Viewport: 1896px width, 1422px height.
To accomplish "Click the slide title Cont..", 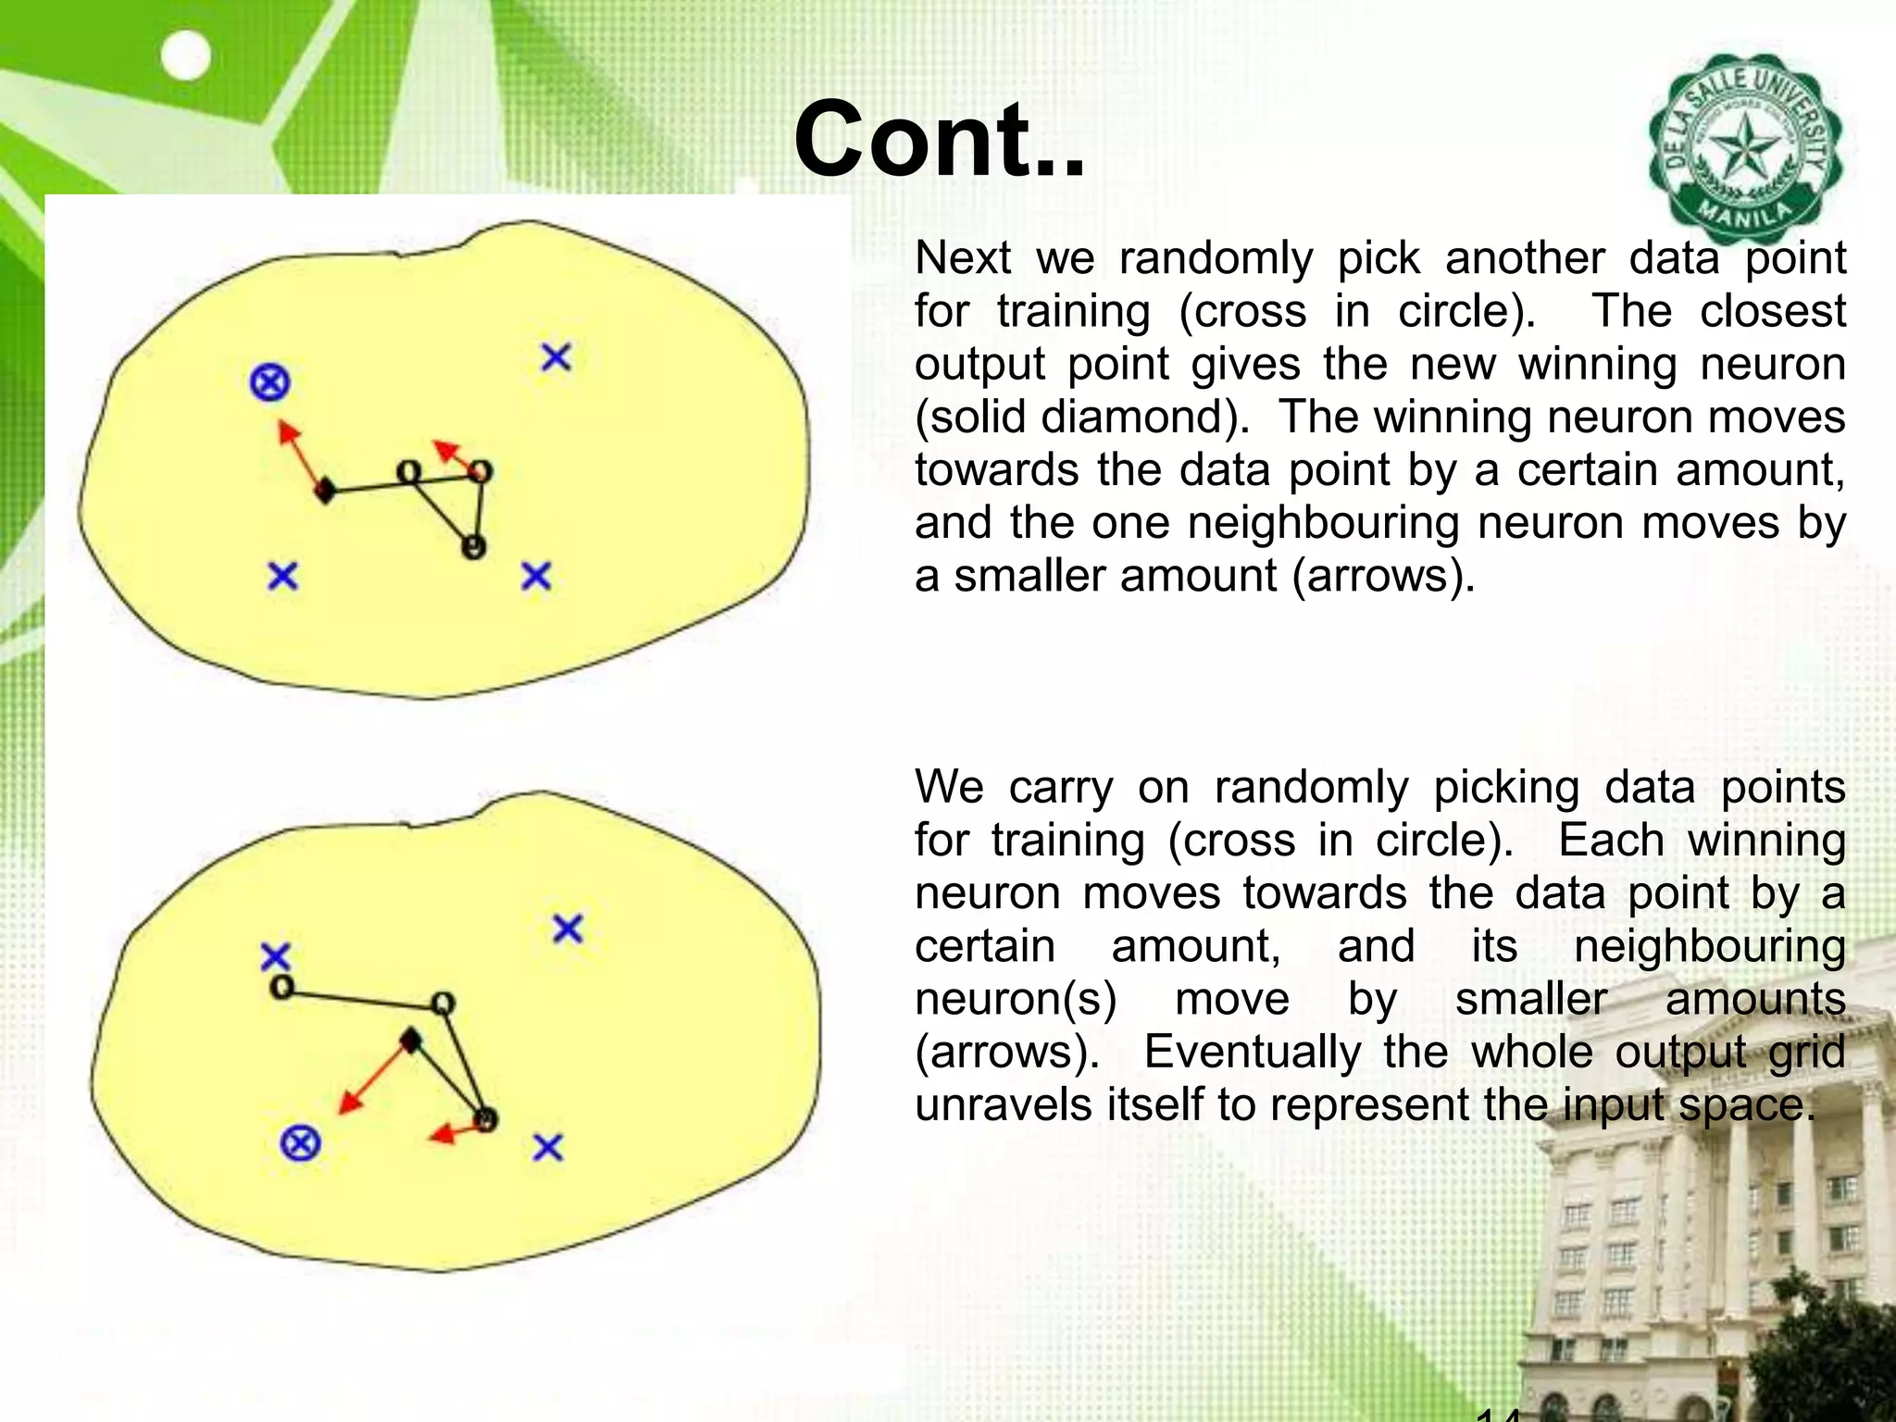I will coord(938,141).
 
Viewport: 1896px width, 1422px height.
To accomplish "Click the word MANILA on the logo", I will coord(1744,219).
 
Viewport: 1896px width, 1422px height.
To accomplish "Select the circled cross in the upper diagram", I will coord(269,381).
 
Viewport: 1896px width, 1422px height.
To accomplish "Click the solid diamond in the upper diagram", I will coord(324,492).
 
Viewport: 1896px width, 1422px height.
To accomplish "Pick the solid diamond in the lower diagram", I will coord(410,1041).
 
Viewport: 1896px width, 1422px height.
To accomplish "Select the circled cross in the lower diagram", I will coord(300,1143).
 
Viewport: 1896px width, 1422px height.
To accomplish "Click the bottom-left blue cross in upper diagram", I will coord(282,577).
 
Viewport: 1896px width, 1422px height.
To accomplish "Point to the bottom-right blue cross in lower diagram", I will coord(548,1148).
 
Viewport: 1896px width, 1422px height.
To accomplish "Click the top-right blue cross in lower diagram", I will coord(568,929).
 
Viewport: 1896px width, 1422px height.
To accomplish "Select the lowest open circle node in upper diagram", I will coord(473,547).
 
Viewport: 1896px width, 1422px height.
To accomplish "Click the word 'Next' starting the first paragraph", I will coord(962,257).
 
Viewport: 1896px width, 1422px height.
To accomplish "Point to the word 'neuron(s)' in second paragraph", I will coord(1016,999).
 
